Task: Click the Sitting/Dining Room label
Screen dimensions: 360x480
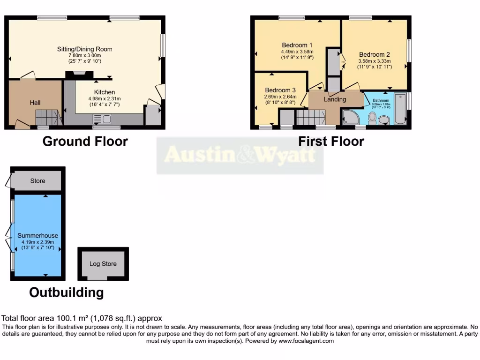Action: point(84,49)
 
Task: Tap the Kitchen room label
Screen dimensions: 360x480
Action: point(104,92)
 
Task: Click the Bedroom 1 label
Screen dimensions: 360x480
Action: point(297,45)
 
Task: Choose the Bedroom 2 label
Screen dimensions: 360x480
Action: point(375,54)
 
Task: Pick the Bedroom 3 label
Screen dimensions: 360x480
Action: point(280,90)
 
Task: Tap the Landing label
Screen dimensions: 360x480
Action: point(335,99)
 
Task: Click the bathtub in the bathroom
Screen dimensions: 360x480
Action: point(400,109)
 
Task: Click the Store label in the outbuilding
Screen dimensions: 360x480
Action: point(37,181)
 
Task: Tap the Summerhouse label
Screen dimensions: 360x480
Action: point(37,235)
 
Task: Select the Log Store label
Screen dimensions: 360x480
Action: point(103,264)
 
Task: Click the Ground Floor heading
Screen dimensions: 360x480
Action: point(85,141)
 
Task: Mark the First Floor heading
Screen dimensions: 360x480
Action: point(331,141)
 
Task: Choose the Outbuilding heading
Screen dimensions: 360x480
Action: point(66,292)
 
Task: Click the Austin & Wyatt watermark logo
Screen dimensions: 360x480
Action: point(240,155)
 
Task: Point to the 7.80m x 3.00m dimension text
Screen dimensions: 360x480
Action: point(84,55)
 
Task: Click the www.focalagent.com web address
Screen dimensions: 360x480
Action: point(306,341)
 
